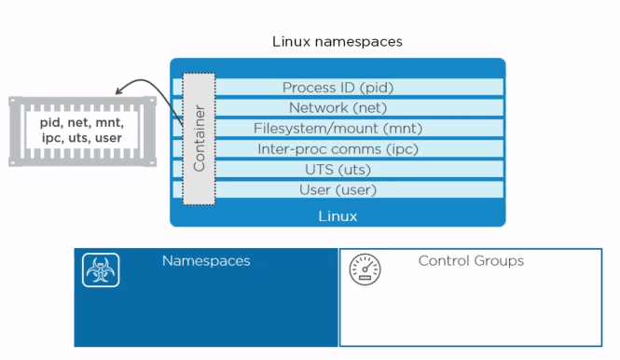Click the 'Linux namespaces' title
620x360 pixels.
click(x=338, y=42)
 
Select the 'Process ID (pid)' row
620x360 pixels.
click(x=338, y=88)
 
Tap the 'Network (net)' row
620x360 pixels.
click(x=338, y=107)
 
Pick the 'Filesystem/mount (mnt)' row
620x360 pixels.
click(x=338, y=128)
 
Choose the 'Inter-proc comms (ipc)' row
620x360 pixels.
click(x=338, y=148)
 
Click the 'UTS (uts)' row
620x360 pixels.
click(x=338, y=169)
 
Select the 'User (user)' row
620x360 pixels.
click(x=338, y=189)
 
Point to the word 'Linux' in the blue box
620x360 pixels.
click(x=338, y=216)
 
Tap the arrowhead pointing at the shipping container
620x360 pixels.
click(x=120, y=91)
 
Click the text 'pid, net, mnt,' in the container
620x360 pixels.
click(x=82, y=122)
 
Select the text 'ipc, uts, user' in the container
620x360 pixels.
click(x=82, y=139)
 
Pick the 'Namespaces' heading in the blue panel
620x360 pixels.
click(x=206, y=261)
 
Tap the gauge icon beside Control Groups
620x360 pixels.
click(x=365, y=270)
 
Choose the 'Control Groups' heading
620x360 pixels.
click(x=471, y=261)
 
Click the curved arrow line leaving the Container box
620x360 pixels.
click(x=154, y=84)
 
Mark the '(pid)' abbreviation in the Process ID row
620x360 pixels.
click(x=375, y=88)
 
